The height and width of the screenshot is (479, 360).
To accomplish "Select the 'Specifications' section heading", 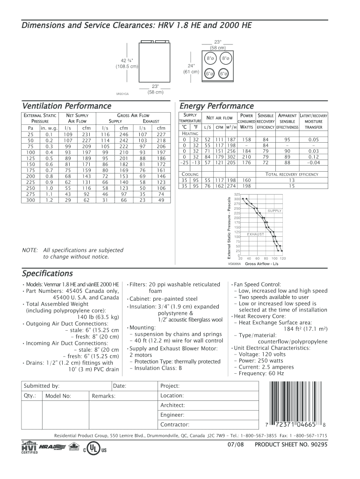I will pyautogui.click(x=47, y=273).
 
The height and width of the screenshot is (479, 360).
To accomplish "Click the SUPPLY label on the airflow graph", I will pyautogui.click(x=274, y=210).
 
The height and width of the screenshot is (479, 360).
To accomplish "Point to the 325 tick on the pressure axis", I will pyautogui.click(x=237, y=194).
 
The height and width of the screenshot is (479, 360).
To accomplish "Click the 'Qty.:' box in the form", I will pyautogui.click(x=31, y=396).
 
